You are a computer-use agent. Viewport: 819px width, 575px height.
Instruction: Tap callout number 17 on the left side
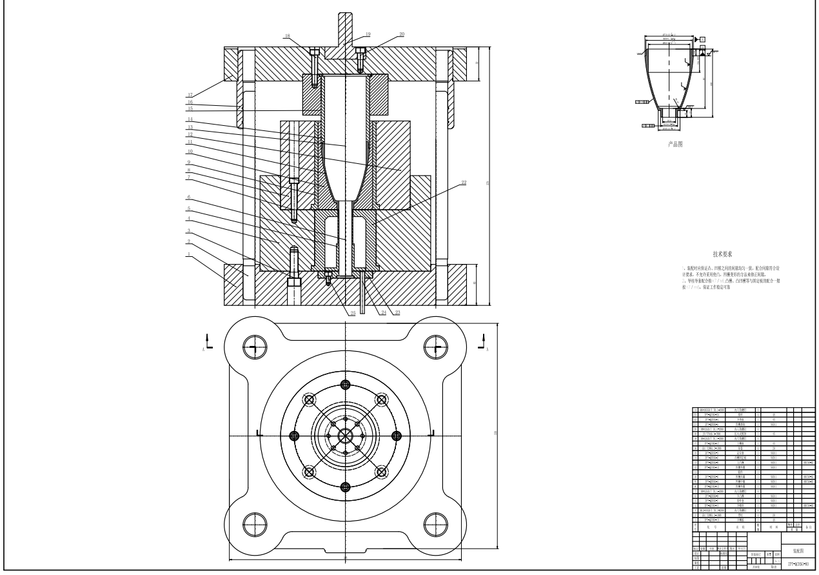[x=190, y=94]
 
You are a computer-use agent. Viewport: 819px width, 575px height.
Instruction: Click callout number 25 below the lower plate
[x=352, y=313]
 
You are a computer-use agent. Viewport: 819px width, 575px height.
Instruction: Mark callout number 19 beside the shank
[x=368, y=34]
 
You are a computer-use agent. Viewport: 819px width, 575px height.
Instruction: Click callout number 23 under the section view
[x=396, y=312]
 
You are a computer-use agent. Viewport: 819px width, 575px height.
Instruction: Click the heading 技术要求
[x=722, y=255]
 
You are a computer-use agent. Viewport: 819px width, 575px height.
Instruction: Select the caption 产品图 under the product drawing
[x=675, y=145]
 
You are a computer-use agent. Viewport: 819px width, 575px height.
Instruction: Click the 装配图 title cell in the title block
[x=798, y=534]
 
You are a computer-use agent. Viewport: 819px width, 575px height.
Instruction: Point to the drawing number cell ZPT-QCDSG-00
[x=798, y=564]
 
